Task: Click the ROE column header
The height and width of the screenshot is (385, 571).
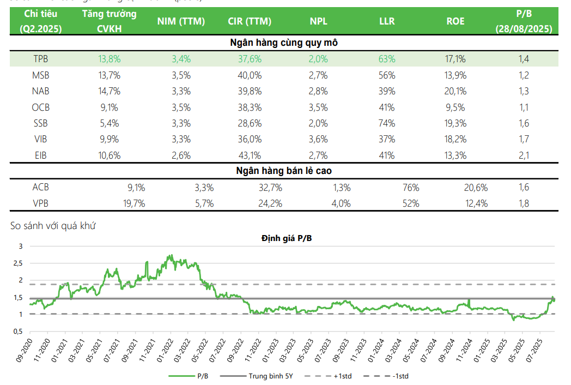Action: click(x=455, y=21)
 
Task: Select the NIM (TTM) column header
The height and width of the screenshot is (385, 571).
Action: click(x=181, y=21)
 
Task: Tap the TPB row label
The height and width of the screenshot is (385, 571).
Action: click(x=41, y=59)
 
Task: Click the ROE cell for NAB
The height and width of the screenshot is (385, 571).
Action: click(x=455, y=91)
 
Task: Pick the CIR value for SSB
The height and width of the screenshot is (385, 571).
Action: click(x=250, y=123)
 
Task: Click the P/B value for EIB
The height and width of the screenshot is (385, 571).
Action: click(x=524, y=155)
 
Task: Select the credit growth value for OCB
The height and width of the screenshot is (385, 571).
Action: click(x=109, y=107)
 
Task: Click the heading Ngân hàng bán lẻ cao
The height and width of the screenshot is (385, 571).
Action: click(x=284, y=171)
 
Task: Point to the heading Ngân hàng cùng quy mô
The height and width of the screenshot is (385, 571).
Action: click(x=284, y=43)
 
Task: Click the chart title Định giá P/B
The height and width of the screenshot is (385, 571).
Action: click(x=287, y=238)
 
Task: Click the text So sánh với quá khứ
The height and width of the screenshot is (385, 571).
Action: click(x=53, y=225)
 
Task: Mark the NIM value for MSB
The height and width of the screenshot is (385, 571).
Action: click(x=181, y=75)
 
